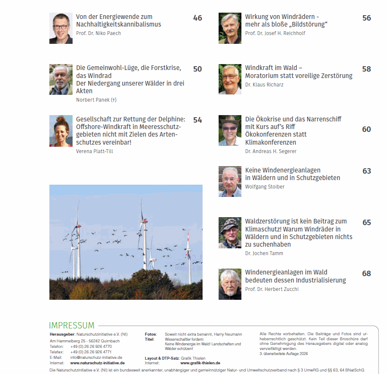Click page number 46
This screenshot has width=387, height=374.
198,18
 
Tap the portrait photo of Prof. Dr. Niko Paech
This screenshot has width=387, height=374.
61,28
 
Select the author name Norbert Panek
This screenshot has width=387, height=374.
96,100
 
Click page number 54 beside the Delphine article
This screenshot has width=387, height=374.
198,120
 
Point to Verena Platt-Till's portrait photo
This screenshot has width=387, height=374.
61,131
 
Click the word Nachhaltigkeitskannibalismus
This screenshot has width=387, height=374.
119,24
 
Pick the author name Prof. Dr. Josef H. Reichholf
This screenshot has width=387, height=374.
275,33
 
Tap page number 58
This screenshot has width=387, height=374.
366,69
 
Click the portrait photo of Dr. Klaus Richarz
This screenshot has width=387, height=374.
230,79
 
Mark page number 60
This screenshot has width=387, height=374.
366,129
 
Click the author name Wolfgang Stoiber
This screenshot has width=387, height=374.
265,187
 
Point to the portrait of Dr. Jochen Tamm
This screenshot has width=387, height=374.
230,233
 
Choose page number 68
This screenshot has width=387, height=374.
366,274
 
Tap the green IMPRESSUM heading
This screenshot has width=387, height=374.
72,326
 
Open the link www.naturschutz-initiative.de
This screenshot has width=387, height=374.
97,363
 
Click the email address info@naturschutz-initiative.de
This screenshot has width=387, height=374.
96,357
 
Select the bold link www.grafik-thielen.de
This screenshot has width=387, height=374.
200,363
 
